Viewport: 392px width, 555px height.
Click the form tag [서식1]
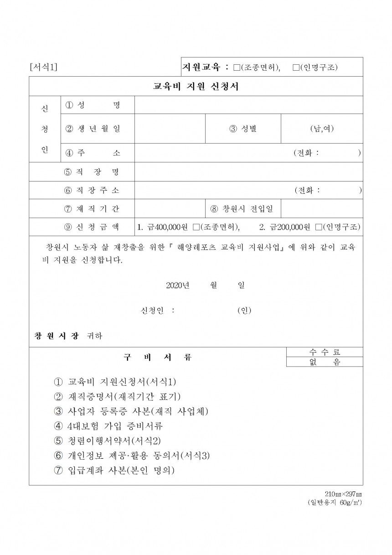pos(43,67)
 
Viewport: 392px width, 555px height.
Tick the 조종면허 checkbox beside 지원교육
pos(236,67)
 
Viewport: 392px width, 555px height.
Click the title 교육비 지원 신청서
pos(196,87)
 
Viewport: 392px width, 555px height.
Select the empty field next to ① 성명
pos(248,105)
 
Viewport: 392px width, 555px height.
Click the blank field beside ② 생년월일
pos(170,129)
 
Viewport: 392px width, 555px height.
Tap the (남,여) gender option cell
pos(322,129)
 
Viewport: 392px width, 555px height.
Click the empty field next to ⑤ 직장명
pos(248,171)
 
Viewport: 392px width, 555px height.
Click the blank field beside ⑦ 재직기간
pos(170,209)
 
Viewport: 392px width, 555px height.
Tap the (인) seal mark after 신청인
pos(244,311)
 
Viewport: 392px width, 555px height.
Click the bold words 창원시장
pos(57,336)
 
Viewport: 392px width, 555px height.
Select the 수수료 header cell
pos(325,352)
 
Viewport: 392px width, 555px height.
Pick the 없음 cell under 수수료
pos(325,362)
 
